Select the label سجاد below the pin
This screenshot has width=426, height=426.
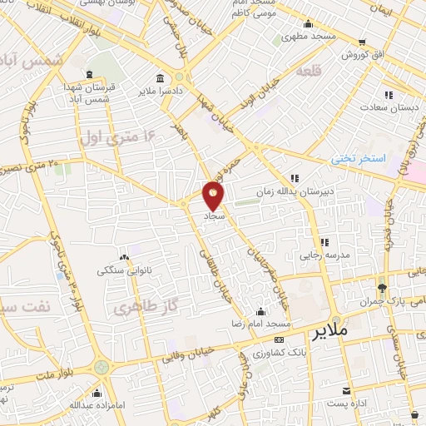tap(215, 215)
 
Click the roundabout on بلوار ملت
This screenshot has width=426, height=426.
tap(102, 366)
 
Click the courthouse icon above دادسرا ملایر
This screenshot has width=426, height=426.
tap(178, 77)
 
